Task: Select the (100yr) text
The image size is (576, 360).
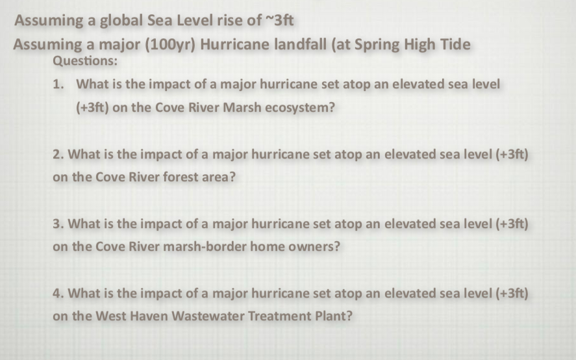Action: pos(160,45)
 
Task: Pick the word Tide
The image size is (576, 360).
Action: pos(456,45)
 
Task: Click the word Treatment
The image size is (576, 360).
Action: pos(281,316)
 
